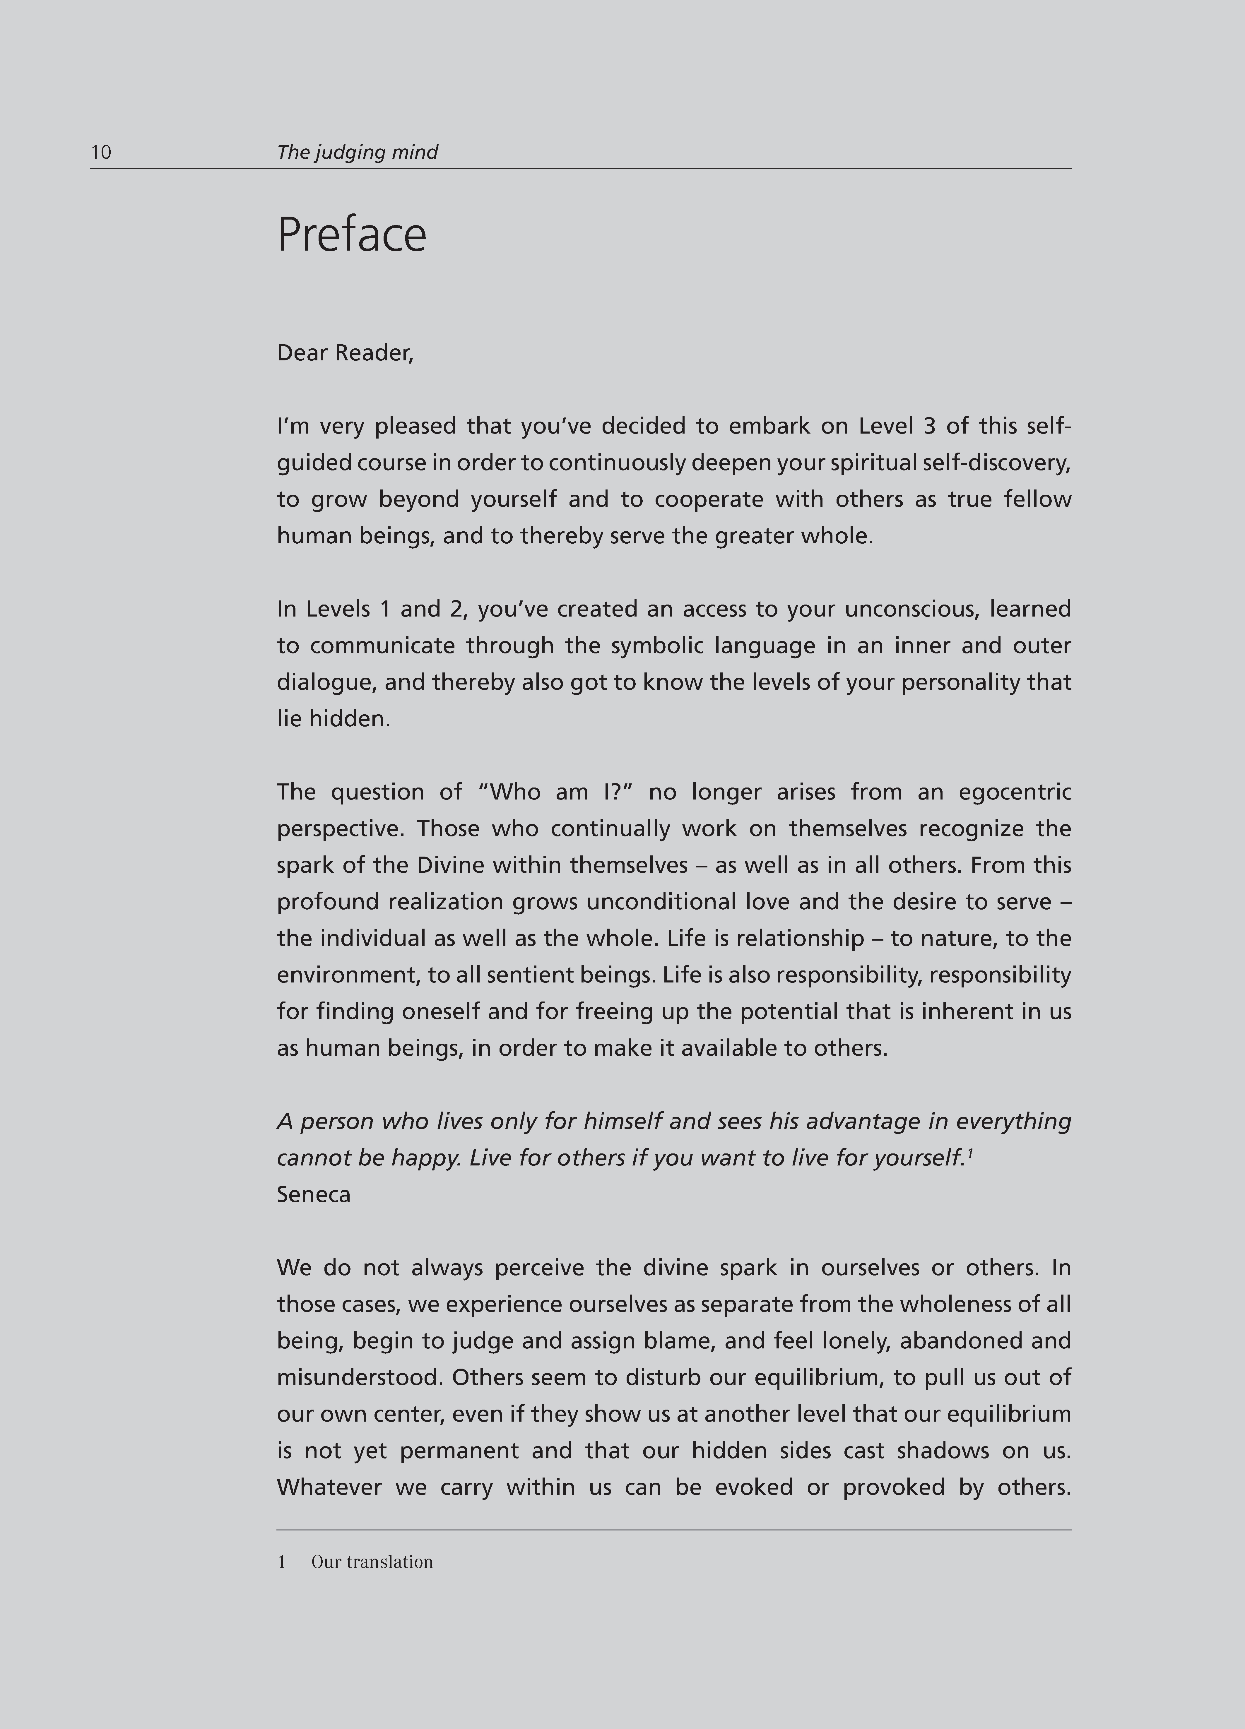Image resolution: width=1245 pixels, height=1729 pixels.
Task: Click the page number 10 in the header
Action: (x=101, y=153)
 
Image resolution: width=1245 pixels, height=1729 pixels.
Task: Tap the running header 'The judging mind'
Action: (x=357, y=153)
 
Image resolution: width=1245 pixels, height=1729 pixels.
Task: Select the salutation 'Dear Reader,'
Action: (x=345, y=353)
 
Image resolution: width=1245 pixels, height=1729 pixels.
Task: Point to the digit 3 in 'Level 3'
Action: (x=928, y=426)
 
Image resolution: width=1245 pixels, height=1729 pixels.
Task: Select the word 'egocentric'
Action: (x=1015, y=792)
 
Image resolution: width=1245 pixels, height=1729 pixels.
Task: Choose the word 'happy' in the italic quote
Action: (x=425, y=1158)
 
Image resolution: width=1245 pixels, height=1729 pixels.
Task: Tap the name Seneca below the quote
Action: (x=313, y=1195)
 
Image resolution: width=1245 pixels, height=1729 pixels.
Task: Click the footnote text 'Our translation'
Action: (x=372, y=1562)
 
